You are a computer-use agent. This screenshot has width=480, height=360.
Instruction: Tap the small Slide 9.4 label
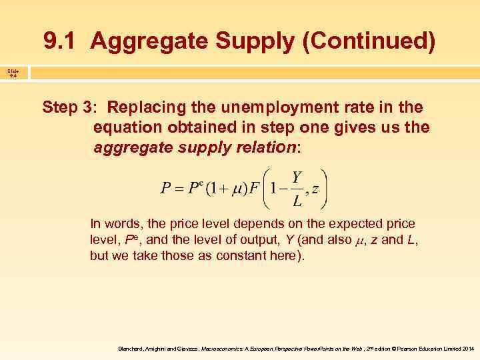click(13, 73)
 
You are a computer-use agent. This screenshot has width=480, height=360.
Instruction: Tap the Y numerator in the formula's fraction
click(297, 175)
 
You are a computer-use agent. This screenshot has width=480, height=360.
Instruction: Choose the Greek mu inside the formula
click(234, 187)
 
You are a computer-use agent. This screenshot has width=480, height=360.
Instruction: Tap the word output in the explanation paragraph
click(273, 239)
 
